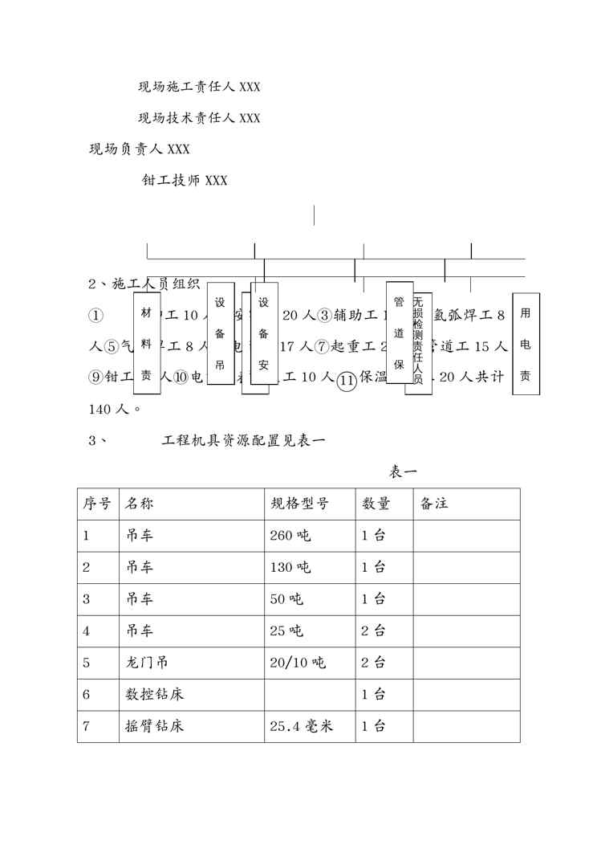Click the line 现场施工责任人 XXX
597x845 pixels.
pyautogui.click(x=199, y=87)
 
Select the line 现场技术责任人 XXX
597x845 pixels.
pyautogui.click(x=199, y=118)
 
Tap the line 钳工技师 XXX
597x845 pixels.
pyautogui.click(x=184, y=180)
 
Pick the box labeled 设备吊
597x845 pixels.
pyautogui.click(x=220, y=333)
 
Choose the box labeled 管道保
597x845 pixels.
pyautogui.click(x=399, y=332)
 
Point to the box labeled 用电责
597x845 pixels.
pyautogui.click(x=526, y=345)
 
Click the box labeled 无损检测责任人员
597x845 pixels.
pyautogui.click(x=418, y=344)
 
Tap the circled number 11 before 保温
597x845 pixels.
pyautogui.click(x=347, y=381)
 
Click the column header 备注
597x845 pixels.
pyautogui.click(x=433, y=504)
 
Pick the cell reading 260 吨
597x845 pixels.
pyautogui.click(x=290, y=536)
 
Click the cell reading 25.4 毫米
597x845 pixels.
pyautogui.click(x=301, y=727)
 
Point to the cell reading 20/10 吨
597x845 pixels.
pyautogui.click(x=298, y=663)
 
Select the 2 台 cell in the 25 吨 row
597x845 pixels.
pyautogui.click(x=373, y=631)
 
